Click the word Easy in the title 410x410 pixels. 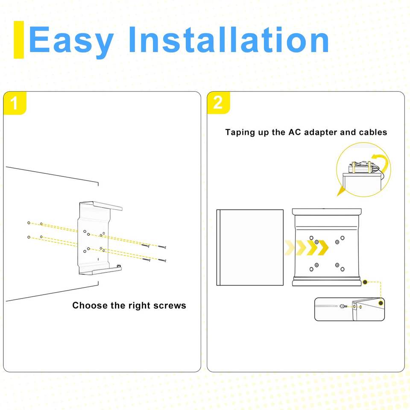[71, 41]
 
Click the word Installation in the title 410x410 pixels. [229, 39]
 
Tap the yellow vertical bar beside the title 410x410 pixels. [18, 40]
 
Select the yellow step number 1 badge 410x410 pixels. [15, 103]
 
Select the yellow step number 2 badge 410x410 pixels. [218, 103]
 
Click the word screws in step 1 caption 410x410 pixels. [170, 305]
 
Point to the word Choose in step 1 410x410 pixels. [90, 305]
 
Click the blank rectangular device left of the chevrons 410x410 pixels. [250, 247]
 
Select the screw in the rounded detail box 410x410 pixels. [343, 306]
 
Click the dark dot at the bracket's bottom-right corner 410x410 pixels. [365, 282]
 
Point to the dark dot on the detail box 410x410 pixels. [381, 303]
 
